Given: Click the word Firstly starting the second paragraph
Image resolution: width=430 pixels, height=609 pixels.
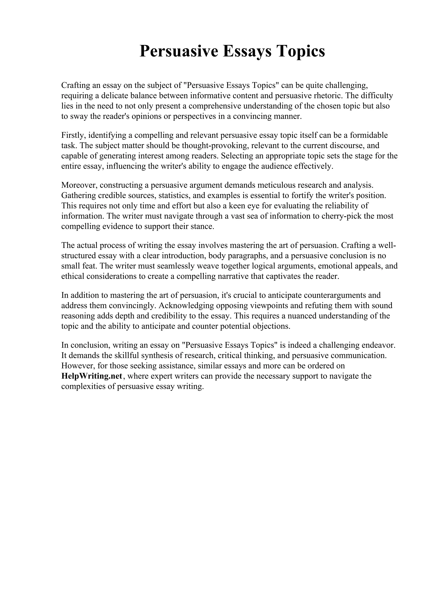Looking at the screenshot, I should [x=73, y=135].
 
